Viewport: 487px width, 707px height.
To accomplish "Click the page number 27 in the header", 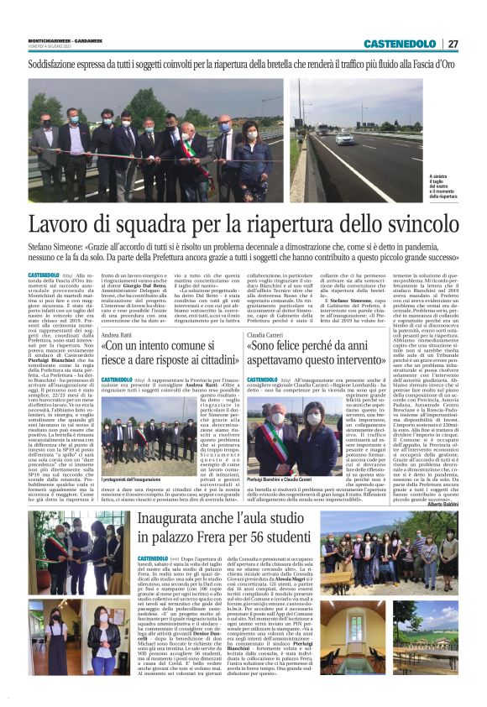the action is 453,44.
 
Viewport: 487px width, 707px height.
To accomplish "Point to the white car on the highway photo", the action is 345,139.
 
